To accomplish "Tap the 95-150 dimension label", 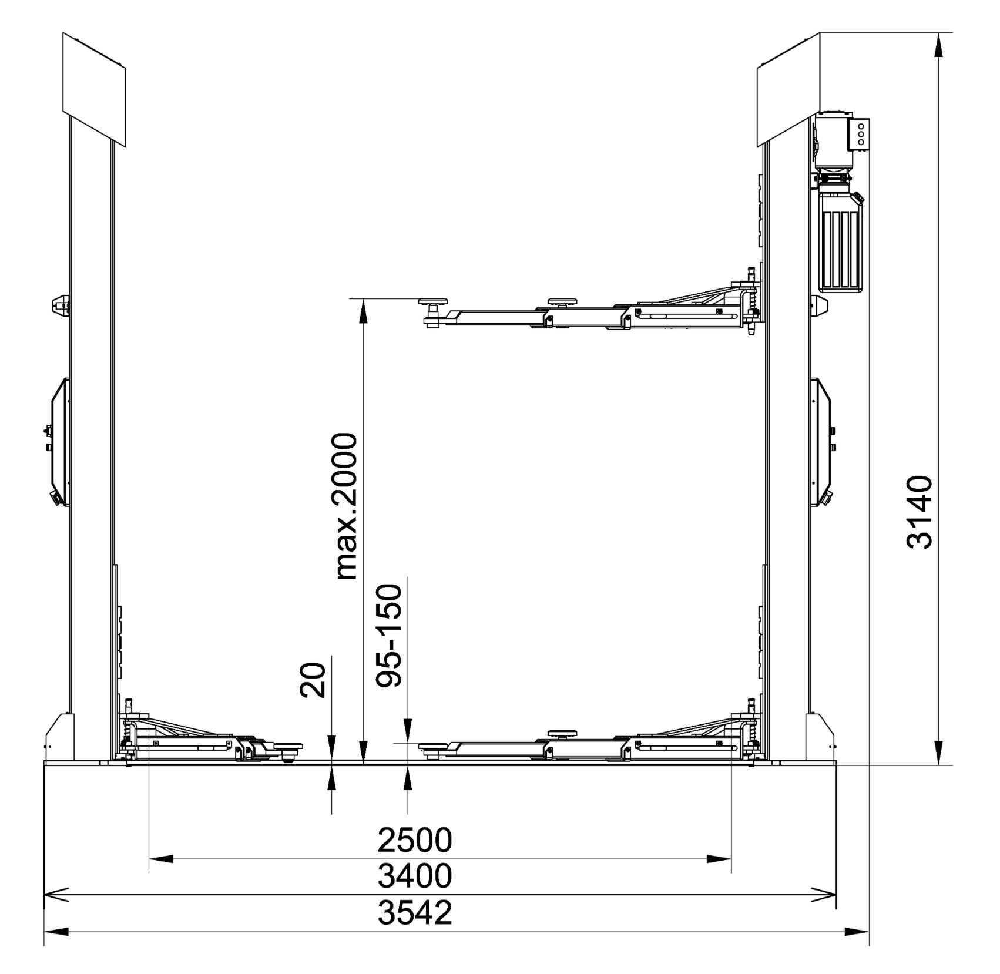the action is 388,636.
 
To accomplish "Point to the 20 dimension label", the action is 313,680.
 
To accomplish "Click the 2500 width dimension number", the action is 415,839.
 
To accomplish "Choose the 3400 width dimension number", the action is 415,876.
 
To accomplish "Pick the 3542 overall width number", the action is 415,912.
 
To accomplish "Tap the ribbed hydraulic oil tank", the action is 842,241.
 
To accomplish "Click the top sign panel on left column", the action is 94,89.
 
